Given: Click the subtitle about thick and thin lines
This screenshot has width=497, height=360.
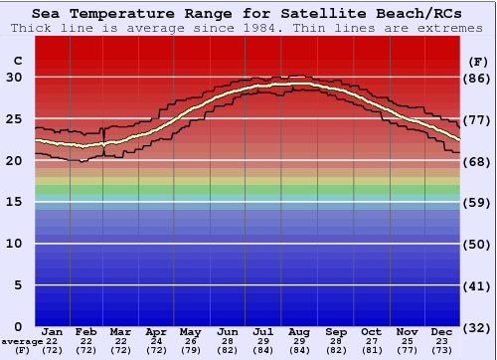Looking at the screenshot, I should [x=248, y=28].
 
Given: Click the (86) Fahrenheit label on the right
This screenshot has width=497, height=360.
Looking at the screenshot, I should [x=478, y=78].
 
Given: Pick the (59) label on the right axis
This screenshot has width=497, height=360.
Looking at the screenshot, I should [x=478, y=202].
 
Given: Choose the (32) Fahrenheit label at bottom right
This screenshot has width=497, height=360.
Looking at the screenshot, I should [x=478, y=327].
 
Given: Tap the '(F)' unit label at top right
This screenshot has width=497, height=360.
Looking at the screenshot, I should [x=478, y=61].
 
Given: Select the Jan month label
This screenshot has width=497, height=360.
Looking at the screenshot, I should [x=53, y=331].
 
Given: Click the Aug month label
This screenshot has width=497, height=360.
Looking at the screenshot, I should [x=299, y=331].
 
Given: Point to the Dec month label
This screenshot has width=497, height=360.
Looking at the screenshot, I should [x=442, y=331].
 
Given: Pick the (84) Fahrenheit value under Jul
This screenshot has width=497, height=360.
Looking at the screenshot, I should [x=263, y=350].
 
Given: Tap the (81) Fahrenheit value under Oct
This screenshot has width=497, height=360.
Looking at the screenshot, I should [x=371, y=350].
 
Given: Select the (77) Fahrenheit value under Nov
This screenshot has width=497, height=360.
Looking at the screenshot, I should [x=407, y=350].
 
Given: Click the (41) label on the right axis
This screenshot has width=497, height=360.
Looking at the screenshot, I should [x=478, y=285].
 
